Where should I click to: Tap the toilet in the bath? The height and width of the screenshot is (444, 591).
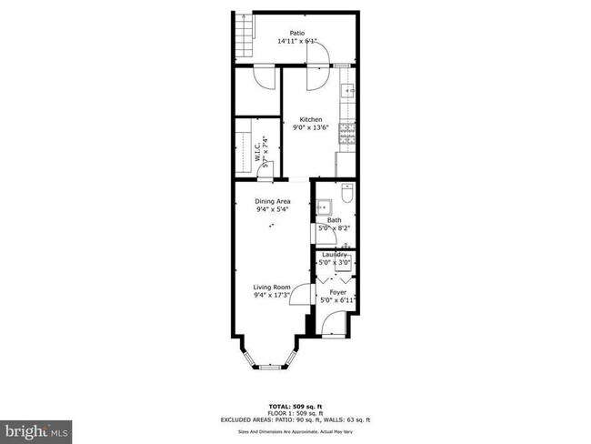(346, 196)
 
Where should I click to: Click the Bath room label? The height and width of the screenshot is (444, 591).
(335, 220)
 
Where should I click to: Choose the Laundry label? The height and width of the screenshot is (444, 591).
(335, 254)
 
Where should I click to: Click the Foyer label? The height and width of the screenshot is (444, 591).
(337, 292)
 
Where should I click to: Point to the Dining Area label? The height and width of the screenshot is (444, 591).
(273, 202)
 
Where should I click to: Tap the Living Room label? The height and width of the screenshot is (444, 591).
(272, 288)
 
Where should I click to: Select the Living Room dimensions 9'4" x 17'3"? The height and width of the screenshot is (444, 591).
(272, 296)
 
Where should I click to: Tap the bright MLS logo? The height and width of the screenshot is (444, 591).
(36, 428)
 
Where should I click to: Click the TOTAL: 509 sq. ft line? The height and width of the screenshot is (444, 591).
(295, 405)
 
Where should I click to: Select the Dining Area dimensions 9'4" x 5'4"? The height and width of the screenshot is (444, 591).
(273, 210)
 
